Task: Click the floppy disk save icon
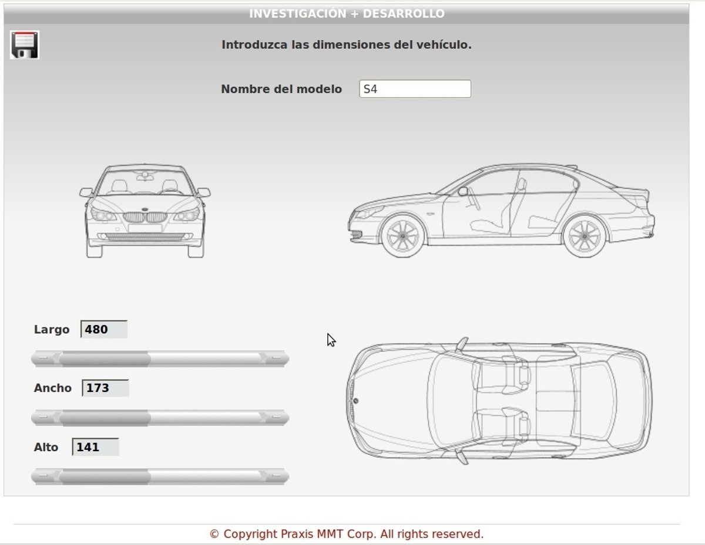coord(25,45)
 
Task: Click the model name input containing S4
coord(415,89)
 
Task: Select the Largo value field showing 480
coord(104,329)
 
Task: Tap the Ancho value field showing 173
coord(105,388)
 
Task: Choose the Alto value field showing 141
coord(95,447)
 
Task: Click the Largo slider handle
coord(105,359)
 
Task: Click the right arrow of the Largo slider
coord(277,358)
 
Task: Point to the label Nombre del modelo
coord(281,89)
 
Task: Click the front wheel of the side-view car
coord(402,236)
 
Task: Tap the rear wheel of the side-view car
coord(585,236)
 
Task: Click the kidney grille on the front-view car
coord(145,217)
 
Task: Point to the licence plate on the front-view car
coord(145,228)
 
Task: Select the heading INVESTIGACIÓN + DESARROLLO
coord(347,13)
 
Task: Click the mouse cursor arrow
coord(331,340)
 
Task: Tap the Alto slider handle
coord(105,476)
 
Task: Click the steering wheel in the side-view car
coord(474,198)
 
